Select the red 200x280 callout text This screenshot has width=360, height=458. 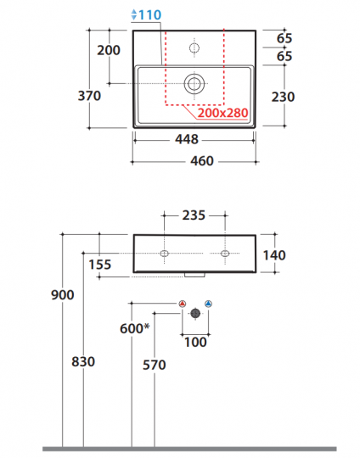[x=222, y=113]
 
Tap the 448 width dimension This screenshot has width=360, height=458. [x=187, y=139]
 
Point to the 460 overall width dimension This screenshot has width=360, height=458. [x=202, y=161]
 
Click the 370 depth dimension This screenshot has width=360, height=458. [x=89, y=96]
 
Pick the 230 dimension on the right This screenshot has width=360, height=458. [x=283, y=97]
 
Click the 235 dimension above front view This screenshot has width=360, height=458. [x=194, y=215]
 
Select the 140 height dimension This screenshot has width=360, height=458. [x=274, y=255]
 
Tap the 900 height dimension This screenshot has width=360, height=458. [x=62, y=295]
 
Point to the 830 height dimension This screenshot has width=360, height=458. [x=83, y=362]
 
